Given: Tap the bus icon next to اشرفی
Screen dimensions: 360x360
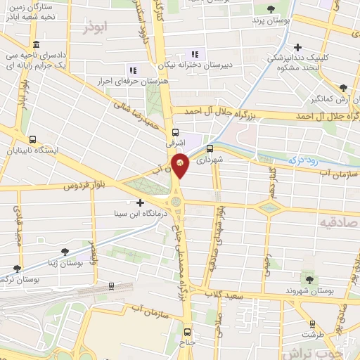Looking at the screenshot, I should (176, 131).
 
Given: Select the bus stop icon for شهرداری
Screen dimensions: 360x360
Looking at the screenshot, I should (210, 148).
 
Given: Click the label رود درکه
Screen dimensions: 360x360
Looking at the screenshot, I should (305, 161).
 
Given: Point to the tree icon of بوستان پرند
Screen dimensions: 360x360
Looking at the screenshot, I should (271, 9).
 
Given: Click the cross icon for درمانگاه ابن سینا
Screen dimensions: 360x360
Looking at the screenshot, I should (140, 202).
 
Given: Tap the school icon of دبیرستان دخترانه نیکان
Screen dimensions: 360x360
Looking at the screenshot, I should (195, 53).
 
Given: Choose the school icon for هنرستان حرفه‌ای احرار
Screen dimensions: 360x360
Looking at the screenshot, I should (131, 69).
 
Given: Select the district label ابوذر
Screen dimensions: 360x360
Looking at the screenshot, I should (96, 29).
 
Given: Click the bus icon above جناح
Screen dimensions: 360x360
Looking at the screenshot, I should (186, 331).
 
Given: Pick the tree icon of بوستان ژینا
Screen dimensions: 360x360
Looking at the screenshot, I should (65, 251).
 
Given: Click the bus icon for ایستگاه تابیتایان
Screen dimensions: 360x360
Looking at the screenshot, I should (33, 139).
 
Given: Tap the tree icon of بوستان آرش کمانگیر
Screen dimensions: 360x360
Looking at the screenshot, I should (342, 87).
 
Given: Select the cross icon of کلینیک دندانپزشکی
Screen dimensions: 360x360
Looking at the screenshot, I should (299, 46).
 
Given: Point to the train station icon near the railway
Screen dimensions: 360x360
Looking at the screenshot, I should (111, 286).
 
